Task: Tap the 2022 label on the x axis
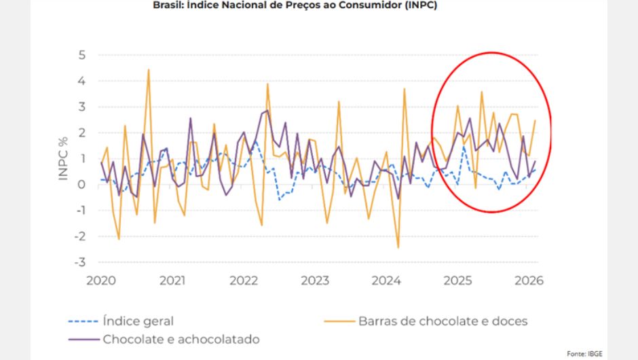(x=244, y=281)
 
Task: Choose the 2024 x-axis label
(x=387, y=281)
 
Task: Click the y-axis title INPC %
(x=64, y=158)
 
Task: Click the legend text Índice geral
(x=138, y=321)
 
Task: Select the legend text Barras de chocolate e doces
(x=443, y=321)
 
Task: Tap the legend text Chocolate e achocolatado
(x=181, y=338)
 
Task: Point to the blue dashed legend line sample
(x=83, y=321)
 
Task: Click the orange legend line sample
(x=338, y=321)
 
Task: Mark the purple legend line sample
(x=83, y=338)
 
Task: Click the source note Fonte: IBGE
(x=585, y=353)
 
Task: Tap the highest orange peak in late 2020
(x=149, y=70)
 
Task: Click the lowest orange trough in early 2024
(x=398, y=247)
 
